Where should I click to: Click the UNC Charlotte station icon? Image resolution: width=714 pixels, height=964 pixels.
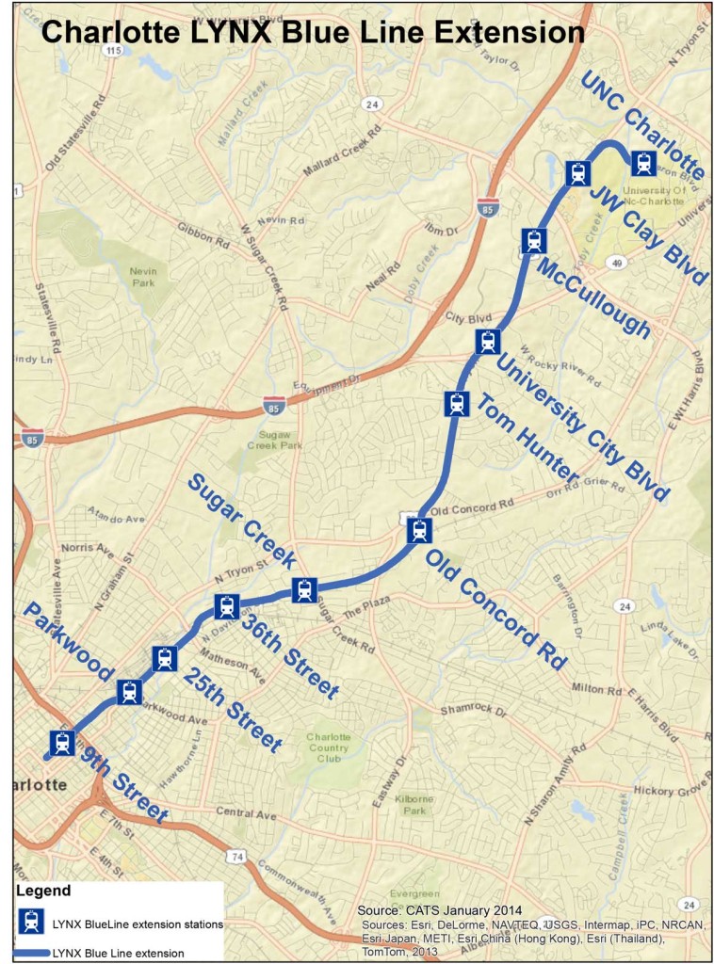pyautogui.click(x=643, y=164)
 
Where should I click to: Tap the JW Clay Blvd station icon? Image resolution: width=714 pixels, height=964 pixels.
pyautogui.click(x=578, y=173)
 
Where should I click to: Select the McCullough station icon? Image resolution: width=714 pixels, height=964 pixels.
pyautogui.click(x=533, y=241)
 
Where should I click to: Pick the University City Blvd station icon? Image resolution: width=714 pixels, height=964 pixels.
pyautogui.click(x=487, y=342)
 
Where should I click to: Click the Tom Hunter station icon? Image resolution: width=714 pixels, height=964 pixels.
pyautogui.click(x=457, y=404)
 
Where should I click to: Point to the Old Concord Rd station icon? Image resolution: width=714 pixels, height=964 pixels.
pyautogui.click(x=419, y=531)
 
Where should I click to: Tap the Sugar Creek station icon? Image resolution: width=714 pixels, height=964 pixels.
pyautogui.click(x=303, y=590)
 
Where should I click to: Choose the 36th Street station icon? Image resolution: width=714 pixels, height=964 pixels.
pyautogui.click(x=226, y=607)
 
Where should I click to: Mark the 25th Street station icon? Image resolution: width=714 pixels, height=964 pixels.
pyautogui.click(x=165, y=658)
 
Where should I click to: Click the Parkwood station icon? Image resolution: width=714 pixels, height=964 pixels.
pyautogui.click(x=130, y=693)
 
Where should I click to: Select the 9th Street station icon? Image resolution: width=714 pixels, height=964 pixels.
pyautogui.click(x=63, y=743)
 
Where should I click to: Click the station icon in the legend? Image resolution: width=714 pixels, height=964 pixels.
pyautogui.click(x=32, y=923)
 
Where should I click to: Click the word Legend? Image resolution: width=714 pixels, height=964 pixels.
pyautogui.click(x=43, y=890)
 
